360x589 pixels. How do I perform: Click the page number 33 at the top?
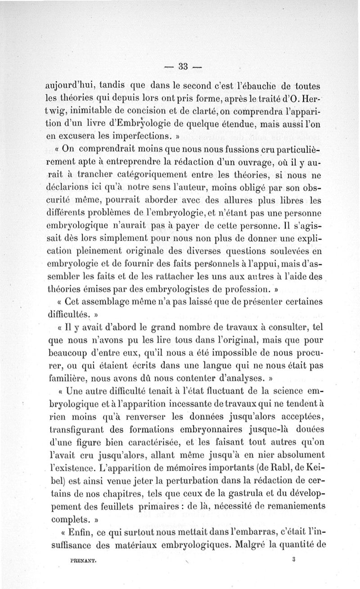tap(182, 67)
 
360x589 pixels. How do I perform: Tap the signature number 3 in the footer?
tap(293, 560)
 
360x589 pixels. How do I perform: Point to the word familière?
tap(66, 373)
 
